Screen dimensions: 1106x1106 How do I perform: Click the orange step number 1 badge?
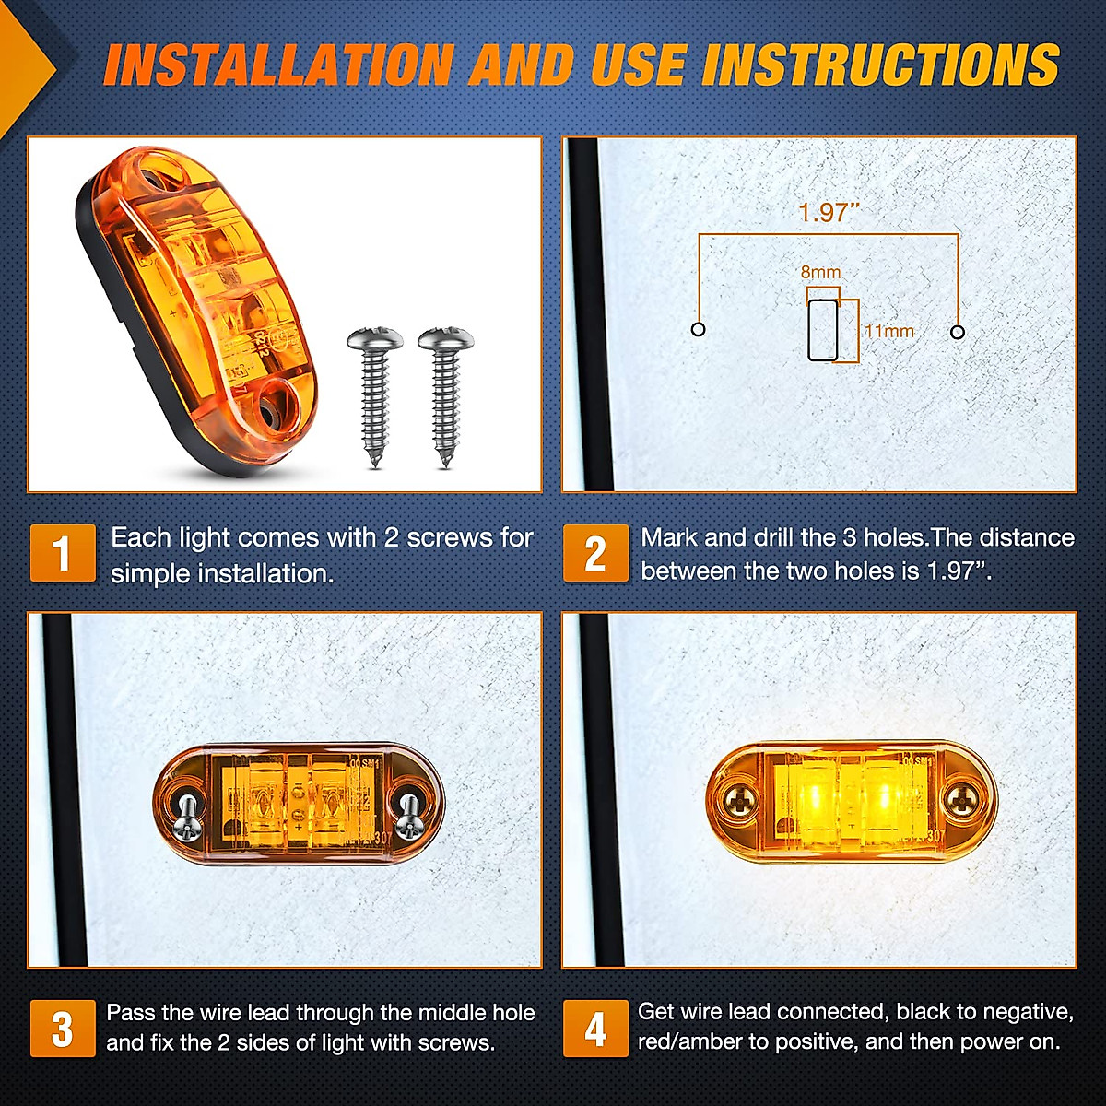pyautogui.click(x=62, y=553)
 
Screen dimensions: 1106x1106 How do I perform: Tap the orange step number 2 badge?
pyautogui.click(x=595, y=553)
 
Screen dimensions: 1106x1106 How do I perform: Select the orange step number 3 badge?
pyautogui.click(x=62, y=1029)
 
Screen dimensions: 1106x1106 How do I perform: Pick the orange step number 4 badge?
pyautogui.click(x=595, y=1029)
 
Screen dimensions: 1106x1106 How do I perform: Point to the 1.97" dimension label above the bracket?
pyautogui.click(x=828, y=213)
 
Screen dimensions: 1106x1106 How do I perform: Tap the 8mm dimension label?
pyautogui.click(x=820, y=272)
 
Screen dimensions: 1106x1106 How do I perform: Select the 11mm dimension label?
pyautogui.click(x=888, y=331)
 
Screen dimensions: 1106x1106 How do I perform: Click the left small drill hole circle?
pyautogui.click(x=698, y=330)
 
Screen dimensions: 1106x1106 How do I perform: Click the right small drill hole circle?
pyautogui.click(x=958, y=332)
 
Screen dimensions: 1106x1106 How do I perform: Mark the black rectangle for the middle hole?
pyautogui.click(x=822, y=329)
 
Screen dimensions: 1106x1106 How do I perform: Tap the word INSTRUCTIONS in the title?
pyautogui.click(x=880, y=65)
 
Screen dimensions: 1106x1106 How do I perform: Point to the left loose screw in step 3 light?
pyautogui.click(x=187, y=815)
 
